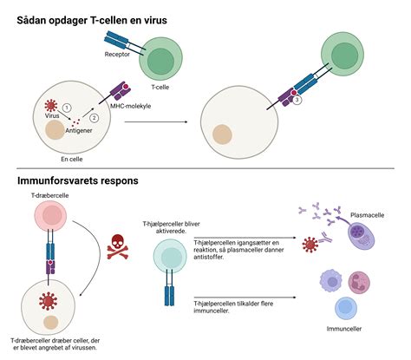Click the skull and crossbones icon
[118, 246]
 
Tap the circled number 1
[67, 108]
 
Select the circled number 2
[94, 118]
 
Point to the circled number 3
[297, 100]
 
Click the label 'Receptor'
[117, 54]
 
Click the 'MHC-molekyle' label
[131, 106]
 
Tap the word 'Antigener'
[79, 130]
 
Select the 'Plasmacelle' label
[368, 215]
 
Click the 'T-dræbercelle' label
[50, 195]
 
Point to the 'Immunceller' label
[344, 329]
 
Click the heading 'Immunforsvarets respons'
[78, 180]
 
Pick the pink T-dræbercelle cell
[50, 216]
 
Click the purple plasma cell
[361, 236]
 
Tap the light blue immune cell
[346, 308]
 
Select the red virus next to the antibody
[310, 245]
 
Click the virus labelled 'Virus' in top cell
[51, 106]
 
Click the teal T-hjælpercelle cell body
[170, 256]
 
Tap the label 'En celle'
[72, 159]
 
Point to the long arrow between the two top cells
[156, 122]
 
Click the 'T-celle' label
[160, 87]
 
